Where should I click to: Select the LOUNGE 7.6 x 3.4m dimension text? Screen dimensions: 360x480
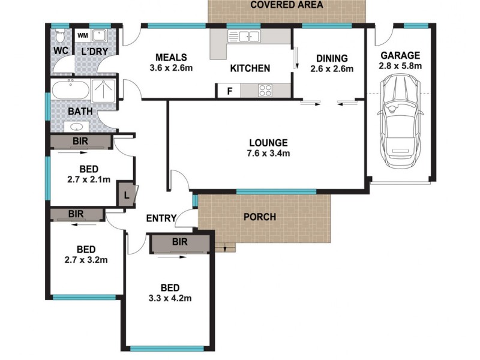269,153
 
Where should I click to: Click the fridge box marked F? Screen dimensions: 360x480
229,91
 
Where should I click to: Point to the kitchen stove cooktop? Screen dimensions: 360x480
265,91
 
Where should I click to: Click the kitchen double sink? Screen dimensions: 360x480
245,37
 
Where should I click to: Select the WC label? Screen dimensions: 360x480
60,50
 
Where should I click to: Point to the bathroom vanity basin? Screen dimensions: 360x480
77,127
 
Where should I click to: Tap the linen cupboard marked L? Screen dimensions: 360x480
127,195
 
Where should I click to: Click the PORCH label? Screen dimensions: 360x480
260,217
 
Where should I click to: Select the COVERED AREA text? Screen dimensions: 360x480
286,5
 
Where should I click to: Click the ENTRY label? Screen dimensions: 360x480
161,218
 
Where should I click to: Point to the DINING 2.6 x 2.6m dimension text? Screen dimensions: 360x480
332,69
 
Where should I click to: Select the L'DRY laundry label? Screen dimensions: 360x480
94,51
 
